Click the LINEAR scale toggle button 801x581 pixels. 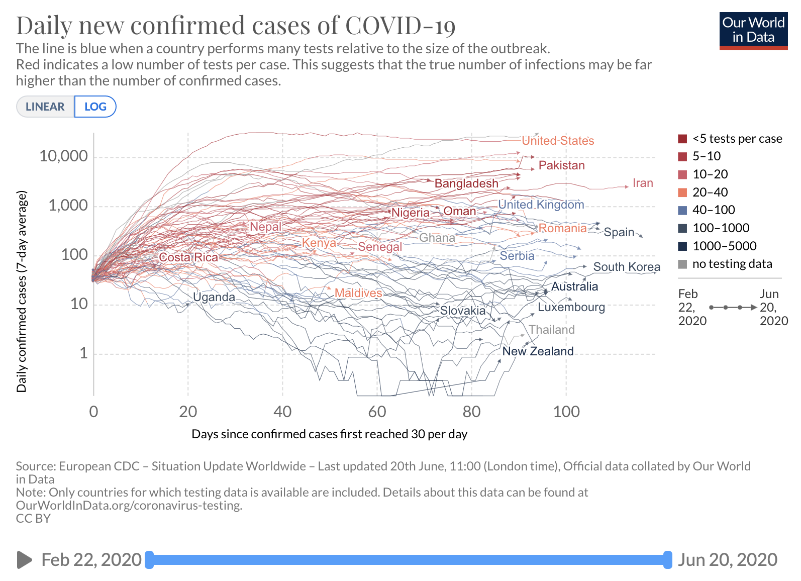45,107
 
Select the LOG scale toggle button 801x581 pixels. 95,107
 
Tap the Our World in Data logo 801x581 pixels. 753,30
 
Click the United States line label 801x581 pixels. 558,141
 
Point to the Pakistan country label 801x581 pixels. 561,165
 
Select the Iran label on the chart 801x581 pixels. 642,183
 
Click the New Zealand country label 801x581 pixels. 538,351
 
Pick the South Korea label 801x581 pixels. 626,267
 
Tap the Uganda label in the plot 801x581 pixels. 214,297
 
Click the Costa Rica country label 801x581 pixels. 188,257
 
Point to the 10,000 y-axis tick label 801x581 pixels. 63,156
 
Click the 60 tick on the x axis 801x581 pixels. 377,412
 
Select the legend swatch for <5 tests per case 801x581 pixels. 682,139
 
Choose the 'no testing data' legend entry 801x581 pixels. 732,264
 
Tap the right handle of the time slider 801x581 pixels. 667,560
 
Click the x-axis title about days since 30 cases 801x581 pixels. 329,434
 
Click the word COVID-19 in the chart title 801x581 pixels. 400,25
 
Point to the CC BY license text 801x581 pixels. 33,518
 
